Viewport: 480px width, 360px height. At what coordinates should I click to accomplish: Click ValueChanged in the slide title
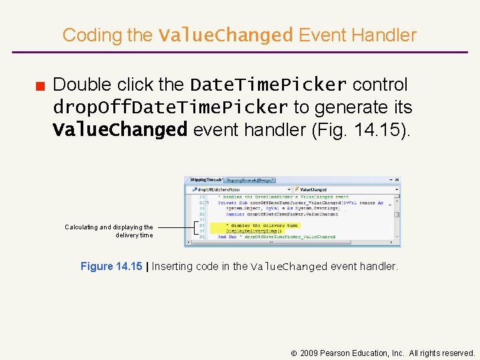[225, 35]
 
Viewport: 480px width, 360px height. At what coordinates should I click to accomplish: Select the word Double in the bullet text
[82, 85]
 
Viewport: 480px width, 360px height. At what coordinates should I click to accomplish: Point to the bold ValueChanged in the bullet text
[120, 129]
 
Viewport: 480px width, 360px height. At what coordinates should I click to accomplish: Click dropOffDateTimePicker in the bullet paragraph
[170, 107]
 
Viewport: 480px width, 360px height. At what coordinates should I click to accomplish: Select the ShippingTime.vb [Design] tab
[249, 180]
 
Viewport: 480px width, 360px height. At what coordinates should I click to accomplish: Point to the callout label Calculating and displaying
[109, 227]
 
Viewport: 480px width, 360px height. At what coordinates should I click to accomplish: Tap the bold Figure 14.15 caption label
[111, 267]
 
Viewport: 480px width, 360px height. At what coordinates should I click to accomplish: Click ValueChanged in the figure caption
[289, 267]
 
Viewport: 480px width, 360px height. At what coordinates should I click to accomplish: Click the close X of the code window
[397, 180]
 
